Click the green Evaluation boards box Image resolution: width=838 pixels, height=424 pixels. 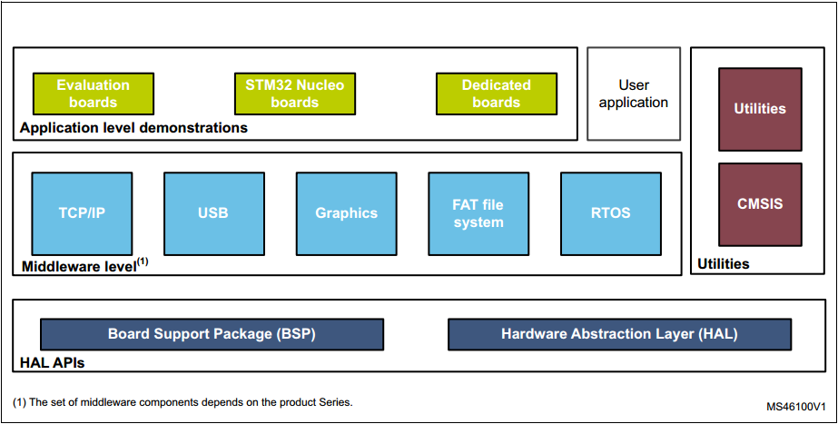93,94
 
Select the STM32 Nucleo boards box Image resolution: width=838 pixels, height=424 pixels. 294,94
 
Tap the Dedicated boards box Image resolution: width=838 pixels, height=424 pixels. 496,94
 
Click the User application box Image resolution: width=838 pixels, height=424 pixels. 633,94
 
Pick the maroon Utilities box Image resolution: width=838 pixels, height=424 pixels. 760,109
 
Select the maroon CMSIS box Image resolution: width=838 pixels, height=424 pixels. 760,204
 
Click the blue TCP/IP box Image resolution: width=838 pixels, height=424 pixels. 82,213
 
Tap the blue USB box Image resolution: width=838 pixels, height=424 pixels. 213,213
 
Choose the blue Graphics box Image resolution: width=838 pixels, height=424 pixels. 346,213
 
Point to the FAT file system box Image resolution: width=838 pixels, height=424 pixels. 478,213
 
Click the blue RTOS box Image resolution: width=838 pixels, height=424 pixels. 610,213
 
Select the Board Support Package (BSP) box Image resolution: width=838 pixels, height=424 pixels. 212,334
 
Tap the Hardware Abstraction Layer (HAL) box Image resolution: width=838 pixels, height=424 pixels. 619,334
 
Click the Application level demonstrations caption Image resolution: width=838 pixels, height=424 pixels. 133,128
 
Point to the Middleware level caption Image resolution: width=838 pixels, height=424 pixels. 77,266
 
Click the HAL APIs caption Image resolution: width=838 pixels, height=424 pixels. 53,363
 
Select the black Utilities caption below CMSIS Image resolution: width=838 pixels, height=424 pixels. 723,264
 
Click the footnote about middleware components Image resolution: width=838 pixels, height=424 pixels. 182,402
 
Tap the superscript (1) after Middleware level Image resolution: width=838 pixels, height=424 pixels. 143,261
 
